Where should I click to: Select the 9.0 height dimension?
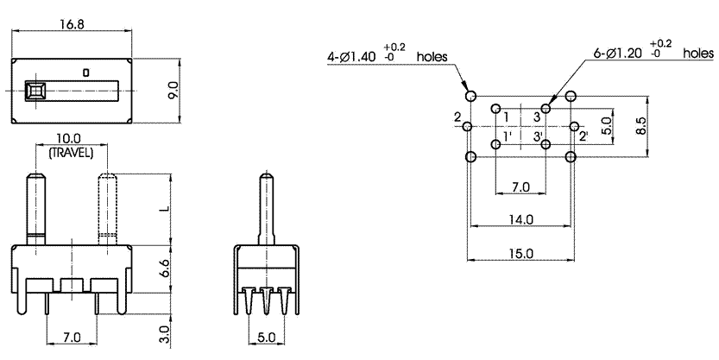click(x=173, y=90)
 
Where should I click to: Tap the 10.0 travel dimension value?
click(x=68, y=139)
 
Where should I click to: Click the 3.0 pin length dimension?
click(x=165, y=332)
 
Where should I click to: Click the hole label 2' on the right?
click(x=583, y=136)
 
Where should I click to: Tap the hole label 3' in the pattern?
click(x=537, y=136)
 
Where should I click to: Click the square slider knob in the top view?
click(x=36, y=90)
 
